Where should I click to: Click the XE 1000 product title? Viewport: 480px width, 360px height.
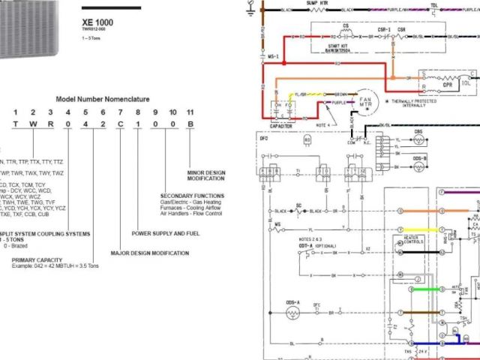pos(97,23)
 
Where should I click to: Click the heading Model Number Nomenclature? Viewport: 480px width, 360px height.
pos(102,99)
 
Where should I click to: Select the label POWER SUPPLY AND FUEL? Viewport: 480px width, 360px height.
pos(165,233)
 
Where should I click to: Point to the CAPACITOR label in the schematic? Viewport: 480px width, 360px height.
pos(279,127)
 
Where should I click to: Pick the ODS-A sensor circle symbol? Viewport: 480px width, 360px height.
pos(292,310)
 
